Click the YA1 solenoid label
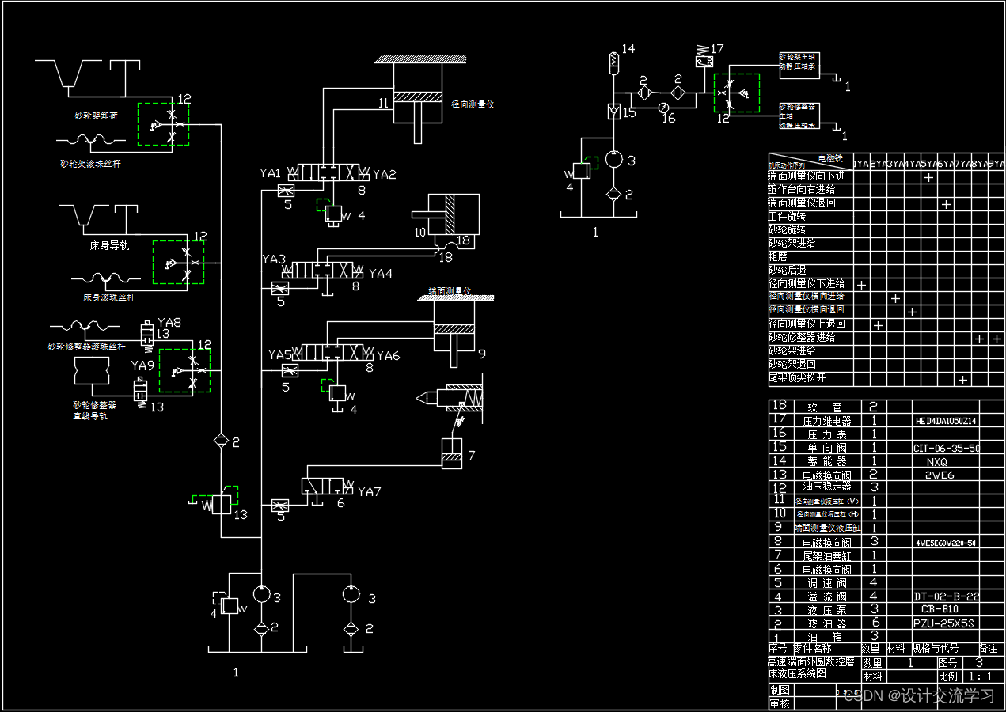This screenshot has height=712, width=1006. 271,172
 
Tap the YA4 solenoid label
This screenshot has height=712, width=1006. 380,273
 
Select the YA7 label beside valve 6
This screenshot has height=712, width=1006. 369,491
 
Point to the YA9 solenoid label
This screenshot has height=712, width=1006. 142,365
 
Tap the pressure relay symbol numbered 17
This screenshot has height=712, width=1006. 702,56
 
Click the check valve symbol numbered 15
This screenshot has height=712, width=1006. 613,112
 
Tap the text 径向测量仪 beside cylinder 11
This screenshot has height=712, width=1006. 473,104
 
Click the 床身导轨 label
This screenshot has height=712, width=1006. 109,246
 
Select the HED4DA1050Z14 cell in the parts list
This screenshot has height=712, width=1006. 945,421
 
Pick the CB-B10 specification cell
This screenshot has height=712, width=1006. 940,609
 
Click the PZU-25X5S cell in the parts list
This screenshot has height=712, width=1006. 943,623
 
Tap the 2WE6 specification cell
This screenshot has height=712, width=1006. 940,475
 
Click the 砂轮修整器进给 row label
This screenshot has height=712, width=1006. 802,337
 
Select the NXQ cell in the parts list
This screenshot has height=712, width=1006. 936,461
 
